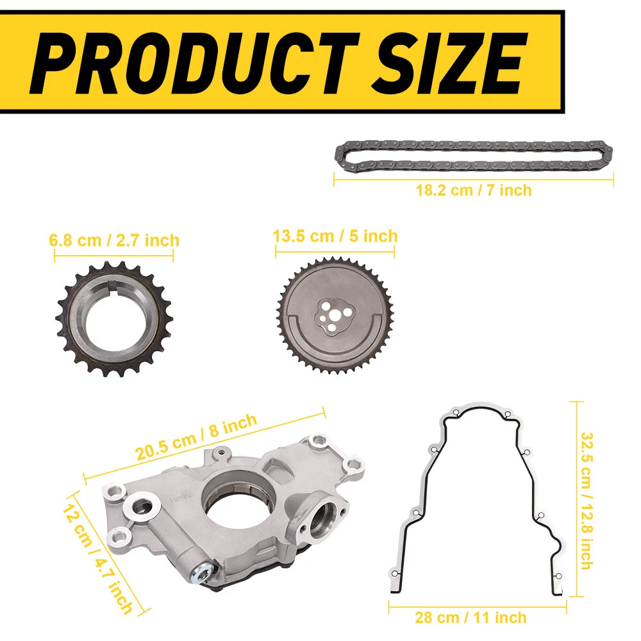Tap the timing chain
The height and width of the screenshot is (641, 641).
(474, 156)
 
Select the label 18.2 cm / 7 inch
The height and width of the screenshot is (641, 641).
(474, 190)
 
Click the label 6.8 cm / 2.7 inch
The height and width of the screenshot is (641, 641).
(114, 240)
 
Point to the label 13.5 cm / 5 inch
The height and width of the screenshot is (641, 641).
(335, 237)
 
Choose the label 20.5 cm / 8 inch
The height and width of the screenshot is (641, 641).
(196, 437)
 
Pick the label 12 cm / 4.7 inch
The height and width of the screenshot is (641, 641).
(98, 559)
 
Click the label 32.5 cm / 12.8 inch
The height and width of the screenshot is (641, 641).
(587, 501)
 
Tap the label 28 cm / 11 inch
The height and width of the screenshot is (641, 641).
(470, 617)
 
